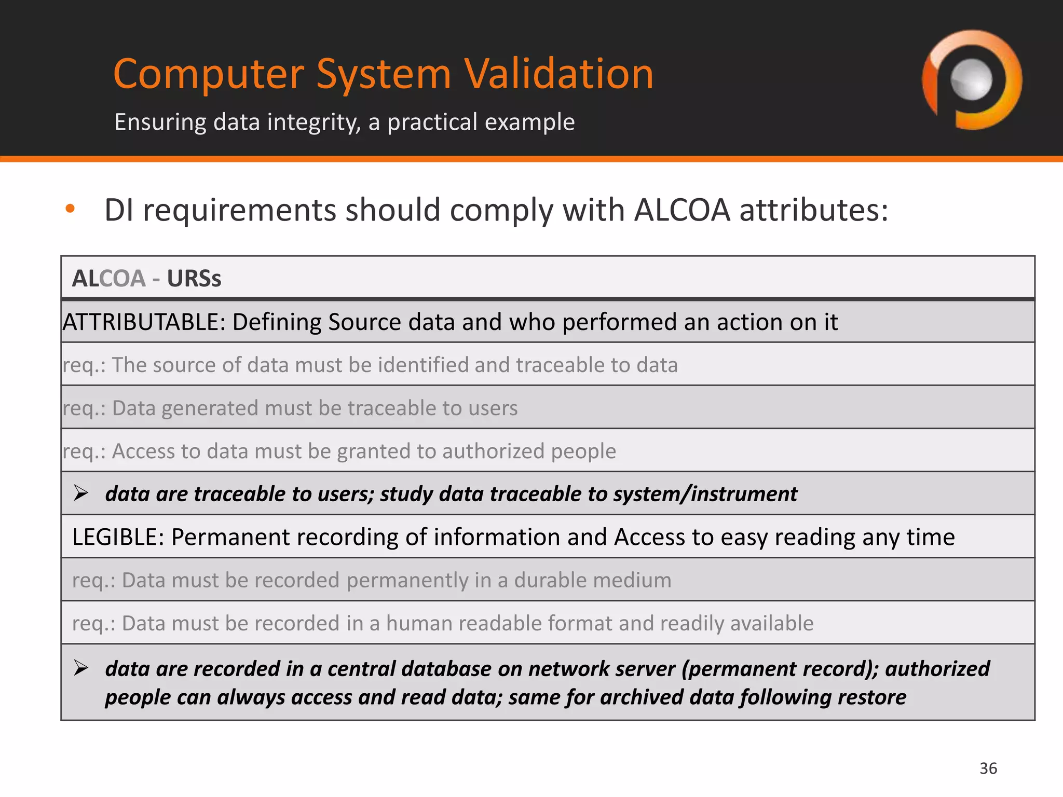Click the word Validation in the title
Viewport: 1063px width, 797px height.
click(x=558, y=74)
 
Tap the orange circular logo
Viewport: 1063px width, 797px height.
click(x=972, y=80)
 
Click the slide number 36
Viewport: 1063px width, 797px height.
click(x=988, y=768)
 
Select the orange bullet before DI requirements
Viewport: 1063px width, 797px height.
click(x=70, y=209)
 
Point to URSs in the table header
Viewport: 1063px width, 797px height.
click(x=194, y=279)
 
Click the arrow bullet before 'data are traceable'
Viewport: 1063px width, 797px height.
click(x=81, y=493)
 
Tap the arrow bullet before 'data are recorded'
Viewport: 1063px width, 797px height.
click(x=81, y=668)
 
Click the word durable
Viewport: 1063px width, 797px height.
click(x=556, y=580)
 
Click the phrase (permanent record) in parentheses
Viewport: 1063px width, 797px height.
click(x=780, y=669)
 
